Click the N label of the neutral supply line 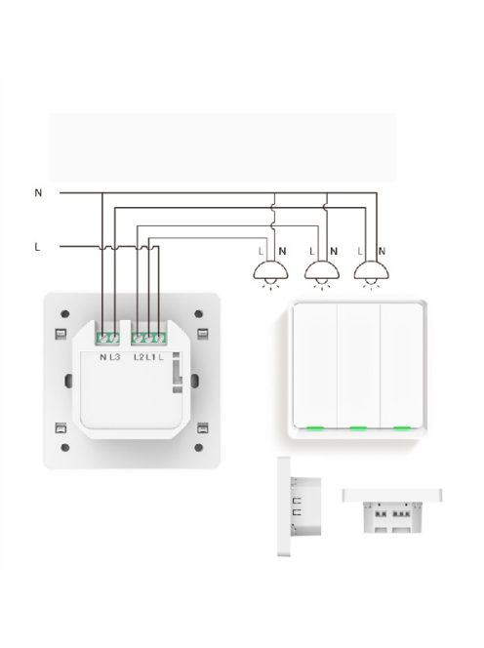pos(38,193)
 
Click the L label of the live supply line pos(37,247)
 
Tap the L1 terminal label pos(150,358)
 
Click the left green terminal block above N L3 pos(107,339)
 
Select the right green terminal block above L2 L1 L pos(148,339)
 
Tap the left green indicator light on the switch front pos(315,427)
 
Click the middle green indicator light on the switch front pos(357,427)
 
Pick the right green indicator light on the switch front pos(400,427)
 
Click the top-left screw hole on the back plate pos(62,313)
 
